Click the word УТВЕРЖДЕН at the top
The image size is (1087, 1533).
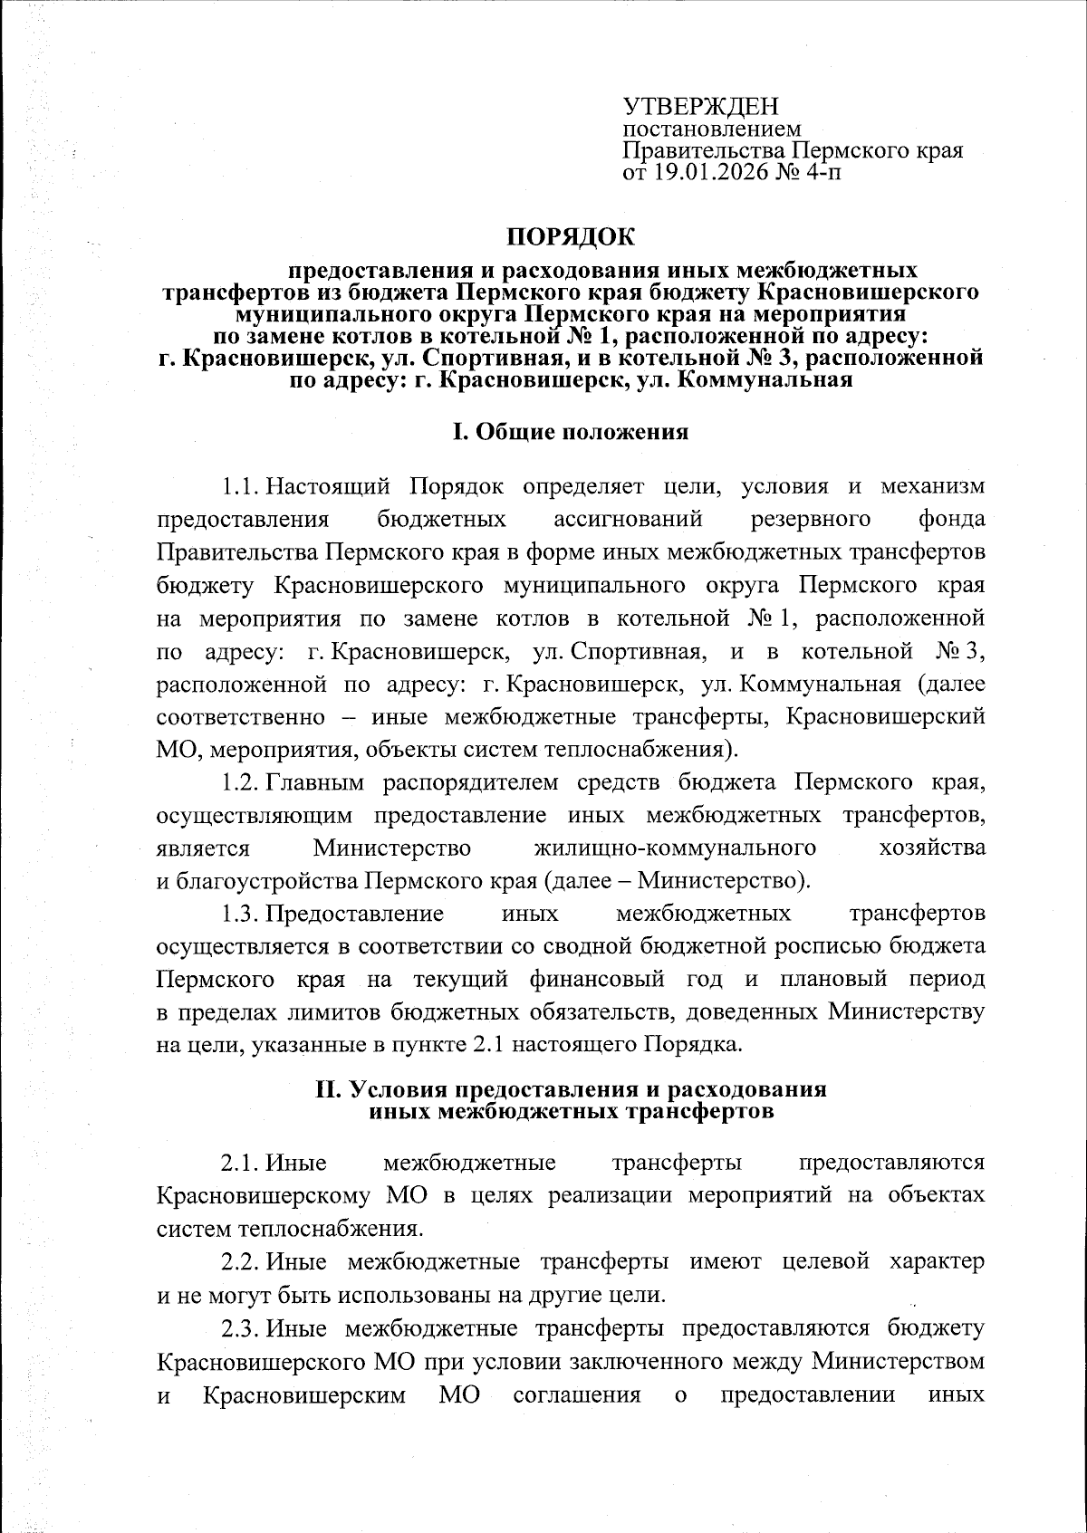point(701,106)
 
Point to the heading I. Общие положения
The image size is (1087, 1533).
point(571,431)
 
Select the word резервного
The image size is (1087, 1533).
point(812,520)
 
